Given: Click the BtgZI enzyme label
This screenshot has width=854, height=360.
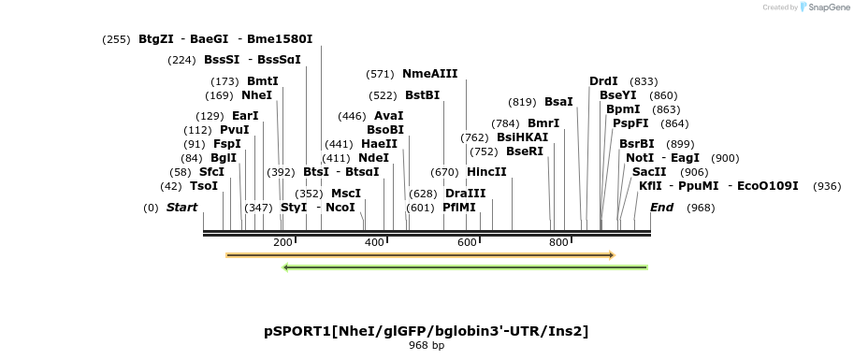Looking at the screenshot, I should (x=156, y=39).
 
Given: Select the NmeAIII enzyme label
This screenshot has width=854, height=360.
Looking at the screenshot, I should (x=430, y=74).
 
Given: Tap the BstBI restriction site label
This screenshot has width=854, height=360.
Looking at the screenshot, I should (x=422, y=95).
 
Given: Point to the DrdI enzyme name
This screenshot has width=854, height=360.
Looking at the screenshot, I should (x=603, y=81).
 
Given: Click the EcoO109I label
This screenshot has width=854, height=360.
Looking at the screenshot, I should (x=768, y=186).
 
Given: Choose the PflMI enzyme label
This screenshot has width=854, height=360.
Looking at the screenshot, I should (x=459, y=208).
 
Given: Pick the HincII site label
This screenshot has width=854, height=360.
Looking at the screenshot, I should (x=486, y=172).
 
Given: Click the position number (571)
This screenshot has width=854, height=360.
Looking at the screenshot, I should (x=381, y=74).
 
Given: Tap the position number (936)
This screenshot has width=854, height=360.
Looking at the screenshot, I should (x=828, y=186).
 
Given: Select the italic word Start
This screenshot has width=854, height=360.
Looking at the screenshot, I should (x=181, y=208).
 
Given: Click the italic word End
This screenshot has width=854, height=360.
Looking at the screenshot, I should (x=661, y=208).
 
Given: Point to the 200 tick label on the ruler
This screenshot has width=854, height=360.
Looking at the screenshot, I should (x=282, y=242).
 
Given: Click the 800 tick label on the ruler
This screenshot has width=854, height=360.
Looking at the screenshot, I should (x=559, y=242).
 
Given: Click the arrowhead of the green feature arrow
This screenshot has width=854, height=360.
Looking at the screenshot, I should (x=286, y=267).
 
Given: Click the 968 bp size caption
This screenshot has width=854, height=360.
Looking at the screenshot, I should (x=427, y=346).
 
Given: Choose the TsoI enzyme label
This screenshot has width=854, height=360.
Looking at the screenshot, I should (x=204, y=186).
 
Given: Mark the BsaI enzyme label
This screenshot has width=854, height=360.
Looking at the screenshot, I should (x=558, y=102).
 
